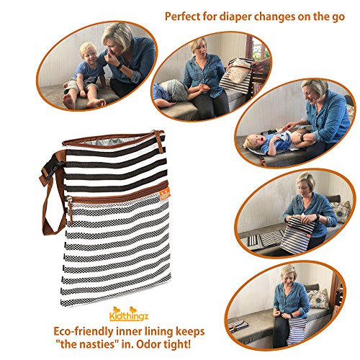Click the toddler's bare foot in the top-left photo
[x=68, y=99]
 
